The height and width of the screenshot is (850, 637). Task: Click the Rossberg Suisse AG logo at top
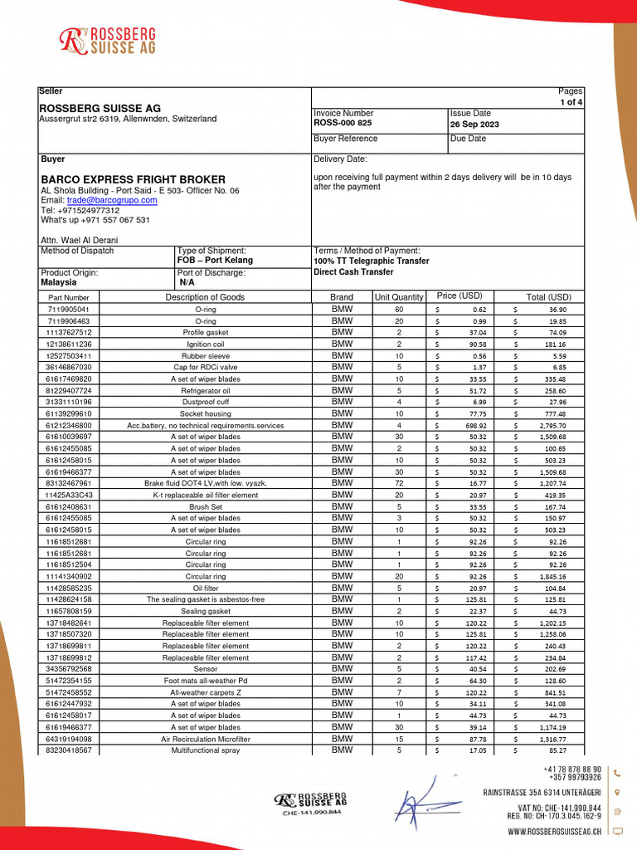[109, 40]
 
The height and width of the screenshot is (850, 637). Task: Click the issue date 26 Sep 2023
[475, 123]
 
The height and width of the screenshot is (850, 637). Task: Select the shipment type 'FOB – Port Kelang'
[216, 260]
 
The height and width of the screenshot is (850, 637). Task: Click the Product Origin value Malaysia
[59, 282]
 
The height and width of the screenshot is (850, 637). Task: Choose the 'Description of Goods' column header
[205, 297]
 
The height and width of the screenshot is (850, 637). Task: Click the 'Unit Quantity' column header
[399, 297]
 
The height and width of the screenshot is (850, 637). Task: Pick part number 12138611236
[69, 344]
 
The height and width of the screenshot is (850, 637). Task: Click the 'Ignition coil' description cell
[205, 344]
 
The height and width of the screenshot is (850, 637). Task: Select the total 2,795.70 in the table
[548, 425]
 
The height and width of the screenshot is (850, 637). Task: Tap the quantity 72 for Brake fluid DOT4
[399, 483]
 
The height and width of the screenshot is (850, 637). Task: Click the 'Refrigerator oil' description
[205, 390]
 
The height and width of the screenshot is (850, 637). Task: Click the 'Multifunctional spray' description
[205, 750]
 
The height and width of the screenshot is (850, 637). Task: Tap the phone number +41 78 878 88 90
[572, 769]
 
